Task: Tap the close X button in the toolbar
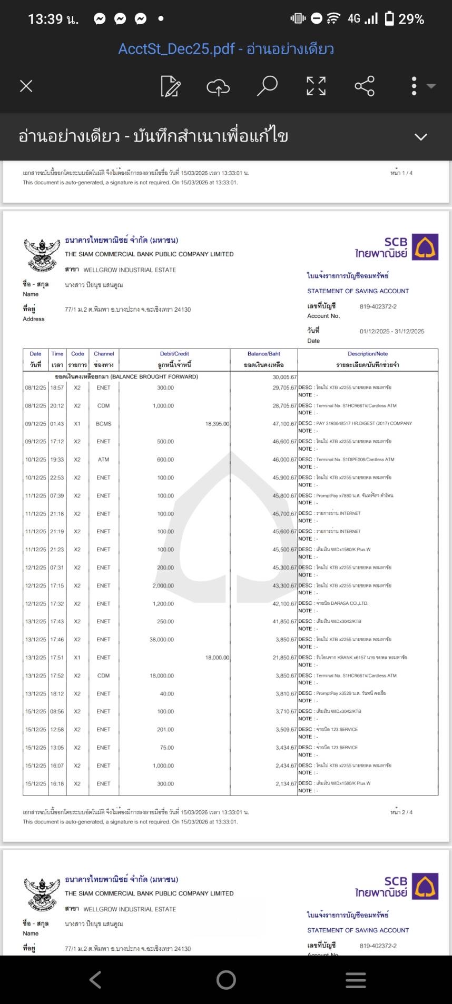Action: [x=26, y=86]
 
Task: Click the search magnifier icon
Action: [x=267, y=86]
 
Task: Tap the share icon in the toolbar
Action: [x=365, y=86]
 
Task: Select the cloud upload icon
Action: [x=218, y=86]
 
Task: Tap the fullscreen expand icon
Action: [x=316, y=86]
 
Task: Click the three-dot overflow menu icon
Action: [x=414, y=86]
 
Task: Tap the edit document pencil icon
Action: [x=170, y=86]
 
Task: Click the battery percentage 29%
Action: [x=411, y=19]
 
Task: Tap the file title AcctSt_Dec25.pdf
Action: [x=176, y=49]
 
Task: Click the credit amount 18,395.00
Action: [x=217, y=424]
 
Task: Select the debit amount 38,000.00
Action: [x=162, y=640]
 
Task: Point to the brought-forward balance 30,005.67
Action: [x=284, y=377]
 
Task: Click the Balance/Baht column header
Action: [x=264, y=354]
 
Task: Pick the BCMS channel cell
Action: [x=103, y=424]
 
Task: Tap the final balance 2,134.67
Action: [x=286, y=784]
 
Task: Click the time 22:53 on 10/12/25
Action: [x=57, y=478]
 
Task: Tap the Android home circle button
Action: [x=226, y=980]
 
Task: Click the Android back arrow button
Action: [x=95, y=980]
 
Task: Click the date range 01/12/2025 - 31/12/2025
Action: [x=391, y=331]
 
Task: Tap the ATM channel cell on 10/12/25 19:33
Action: [x=103, y=460]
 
